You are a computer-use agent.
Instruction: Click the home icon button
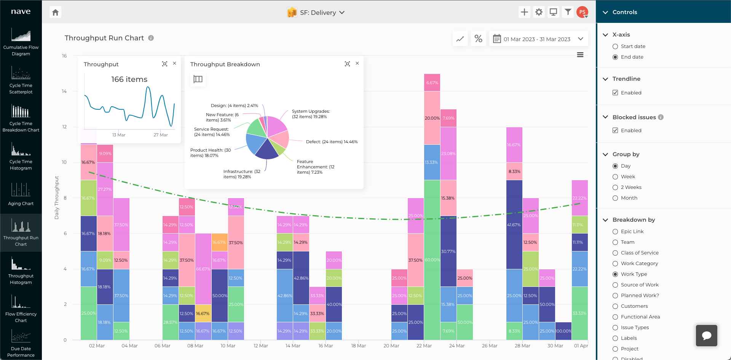tap(56, 13)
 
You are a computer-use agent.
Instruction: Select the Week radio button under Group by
tap(615, 177)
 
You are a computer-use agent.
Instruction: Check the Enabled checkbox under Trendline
tap(615, 93)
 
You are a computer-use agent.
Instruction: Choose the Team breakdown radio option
tap(615, 242)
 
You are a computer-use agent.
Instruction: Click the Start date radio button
tap(615, 46)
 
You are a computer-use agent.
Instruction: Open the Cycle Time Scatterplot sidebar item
tap(21, 80)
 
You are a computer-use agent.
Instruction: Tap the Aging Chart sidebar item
tap(21, 194)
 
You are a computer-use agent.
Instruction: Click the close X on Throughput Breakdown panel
tap(357, 64)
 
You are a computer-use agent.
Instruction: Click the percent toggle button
tap(479, 39)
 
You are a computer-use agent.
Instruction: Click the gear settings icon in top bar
tap(539, 12)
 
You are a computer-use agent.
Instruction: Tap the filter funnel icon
tap(568, 12)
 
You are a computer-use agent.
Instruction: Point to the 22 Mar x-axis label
tap(424, 346)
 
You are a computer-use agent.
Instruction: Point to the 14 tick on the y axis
tap(64, 91)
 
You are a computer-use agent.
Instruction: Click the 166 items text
tap(129, 79)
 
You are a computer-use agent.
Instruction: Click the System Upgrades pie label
tap(311, 114)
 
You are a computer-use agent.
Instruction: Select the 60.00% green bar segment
tap(432, 260)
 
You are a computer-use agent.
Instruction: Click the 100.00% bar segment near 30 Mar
tap(563, 331)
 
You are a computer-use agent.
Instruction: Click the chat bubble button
tap(707, 336)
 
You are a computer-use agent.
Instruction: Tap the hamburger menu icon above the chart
tap(580, 55)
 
